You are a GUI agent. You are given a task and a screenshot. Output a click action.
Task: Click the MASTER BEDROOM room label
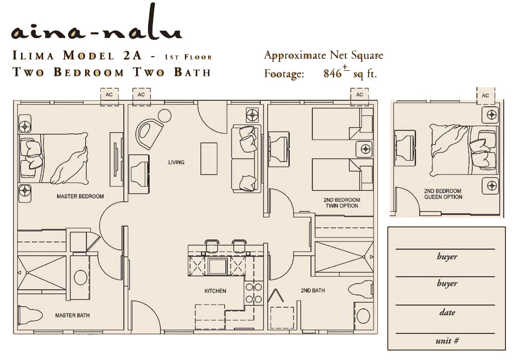pyautogui.click(x=80, y=196)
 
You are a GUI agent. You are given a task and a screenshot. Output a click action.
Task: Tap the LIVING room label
pyautogui.click(x=176, y=162)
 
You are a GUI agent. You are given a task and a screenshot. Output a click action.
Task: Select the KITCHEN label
pyautogui.click(x=215, y=291)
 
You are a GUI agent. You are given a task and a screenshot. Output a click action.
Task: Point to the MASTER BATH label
pyautogui.click(x=72, y=315)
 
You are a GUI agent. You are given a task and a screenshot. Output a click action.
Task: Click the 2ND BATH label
pyautogui.click(x=313, y=290)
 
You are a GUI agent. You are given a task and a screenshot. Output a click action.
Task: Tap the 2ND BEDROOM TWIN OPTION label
pyautogui.click(x=341, y=203)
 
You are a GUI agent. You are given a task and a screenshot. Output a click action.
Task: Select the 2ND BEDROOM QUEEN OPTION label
pyautogui.click(x=443, y=194)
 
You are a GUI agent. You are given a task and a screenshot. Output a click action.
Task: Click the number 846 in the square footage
pyautogui.click(x=332, y=73)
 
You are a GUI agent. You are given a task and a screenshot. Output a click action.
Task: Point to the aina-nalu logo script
pyautogui.click(x=96, y=26)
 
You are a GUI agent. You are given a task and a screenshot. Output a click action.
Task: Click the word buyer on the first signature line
pyautogui.click(x=447, y=256)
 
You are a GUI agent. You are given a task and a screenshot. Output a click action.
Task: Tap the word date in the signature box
pyautogui.click(x=447, y=312)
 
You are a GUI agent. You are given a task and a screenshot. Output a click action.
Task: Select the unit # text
pyautogui.click(x=447, y=341)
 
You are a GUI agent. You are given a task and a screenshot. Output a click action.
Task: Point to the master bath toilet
pyautogui.click(x=30, y=315)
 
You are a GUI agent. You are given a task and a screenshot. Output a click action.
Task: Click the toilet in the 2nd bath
pyautogui.click(x=361, y=289)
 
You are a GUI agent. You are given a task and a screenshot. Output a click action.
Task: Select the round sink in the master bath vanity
pyautogui.click(x=80, y=277)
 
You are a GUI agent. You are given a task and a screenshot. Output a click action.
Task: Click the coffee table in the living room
pyautogui.click(x=209, y=158)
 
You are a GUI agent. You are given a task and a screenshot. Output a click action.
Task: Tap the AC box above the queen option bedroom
pyautogui.click(x=486, y=95)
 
